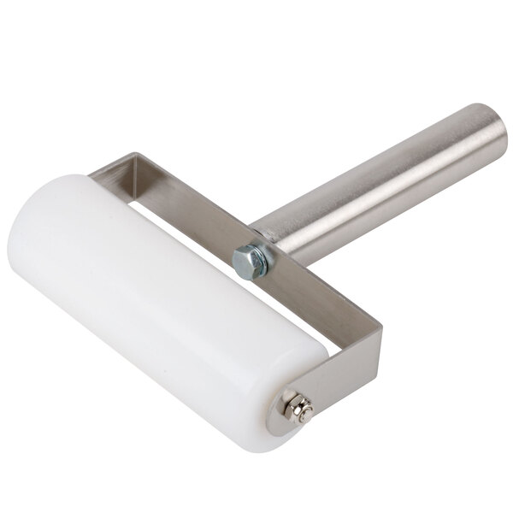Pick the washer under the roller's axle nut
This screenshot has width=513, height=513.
click(x=287, y=410)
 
